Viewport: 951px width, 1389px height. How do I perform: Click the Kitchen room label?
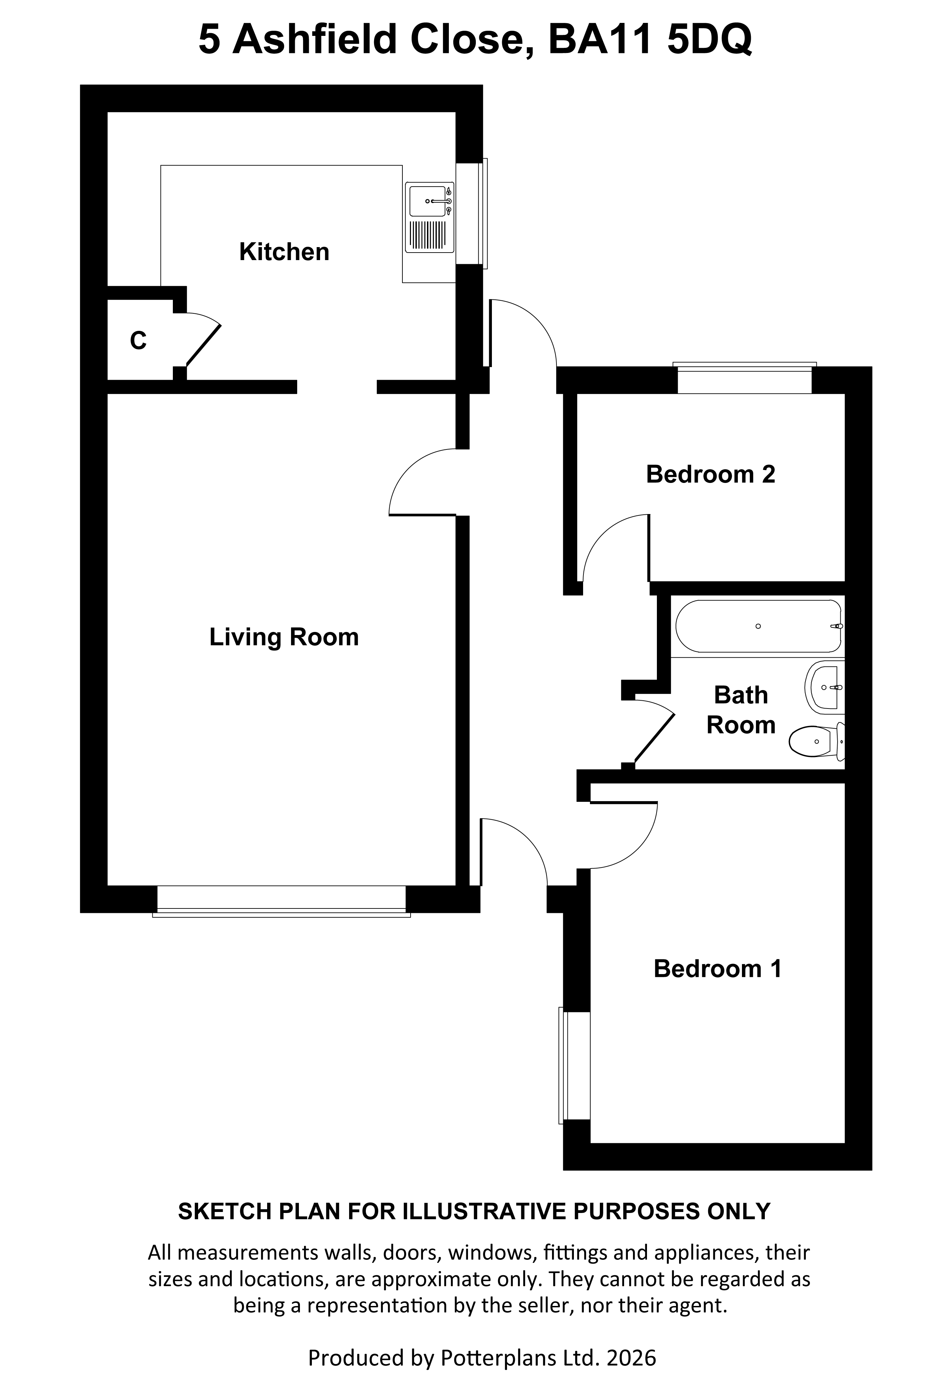click(x=284, y=252)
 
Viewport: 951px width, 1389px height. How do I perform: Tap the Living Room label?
click(x=284, y=637)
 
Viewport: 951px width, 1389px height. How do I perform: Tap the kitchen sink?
click(x=429, y=217)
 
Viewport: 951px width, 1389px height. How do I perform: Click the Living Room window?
click(x=281, y=901)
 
